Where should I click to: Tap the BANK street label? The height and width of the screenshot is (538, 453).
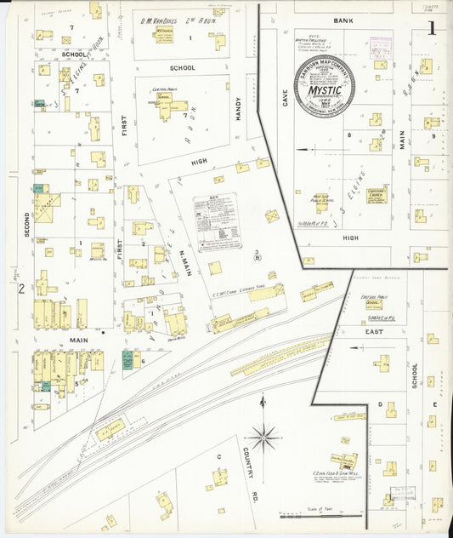point(343,19)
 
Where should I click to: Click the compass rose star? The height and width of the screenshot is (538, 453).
point(263,437)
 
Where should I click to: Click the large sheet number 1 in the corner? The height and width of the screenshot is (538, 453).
point(432,27)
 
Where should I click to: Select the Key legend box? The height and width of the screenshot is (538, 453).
point(217,222)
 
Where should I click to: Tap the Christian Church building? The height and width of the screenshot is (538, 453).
point(377,195)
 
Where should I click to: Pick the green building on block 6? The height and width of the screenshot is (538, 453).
point(127,359)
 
